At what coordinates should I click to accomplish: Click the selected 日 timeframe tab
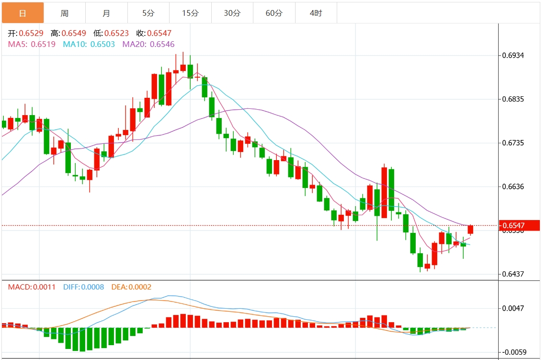click(x=23, y=13)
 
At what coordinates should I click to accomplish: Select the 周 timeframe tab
click(x=65, y=13)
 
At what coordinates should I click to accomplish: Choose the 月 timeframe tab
click(x=106, y=13)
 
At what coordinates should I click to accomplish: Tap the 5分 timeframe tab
click(x=148, y=13)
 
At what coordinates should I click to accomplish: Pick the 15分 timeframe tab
click(x=190, y=13)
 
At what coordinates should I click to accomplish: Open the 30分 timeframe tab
click(x=232, y=13)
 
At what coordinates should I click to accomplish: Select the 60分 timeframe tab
click(x=274, y=13)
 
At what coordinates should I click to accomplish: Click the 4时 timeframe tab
click(x=316, y=13)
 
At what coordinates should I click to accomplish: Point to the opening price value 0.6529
click(x=31, y=34)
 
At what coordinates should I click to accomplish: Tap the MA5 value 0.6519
click(x=43, y=44)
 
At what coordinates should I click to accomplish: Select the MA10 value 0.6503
click(x=103, y=44)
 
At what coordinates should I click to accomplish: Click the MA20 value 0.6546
click(x=162, y=44)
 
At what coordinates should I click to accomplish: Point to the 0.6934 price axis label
click(x=513, y=56)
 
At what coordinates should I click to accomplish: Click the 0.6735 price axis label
click(x=513, y=143)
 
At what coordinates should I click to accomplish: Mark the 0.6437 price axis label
click(x=513, y=274)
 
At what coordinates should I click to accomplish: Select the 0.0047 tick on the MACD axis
click(x=513, y=308)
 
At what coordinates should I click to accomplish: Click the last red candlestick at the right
click(x=470, y=230)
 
